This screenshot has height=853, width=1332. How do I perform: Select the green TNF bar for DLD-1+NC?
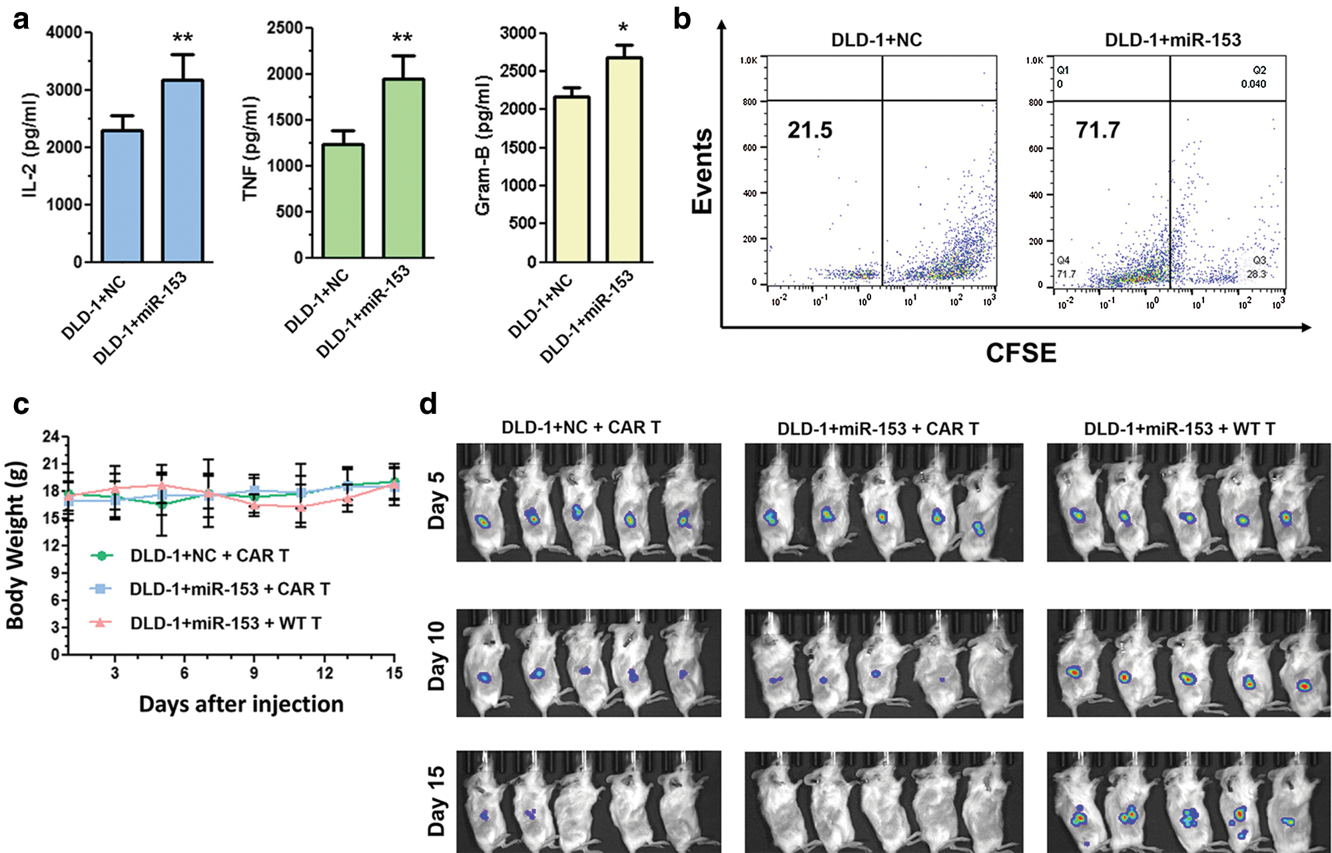coord(343,201)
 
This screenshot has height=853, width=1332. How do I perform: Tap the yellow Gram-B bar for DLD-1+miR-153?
coord(624,160)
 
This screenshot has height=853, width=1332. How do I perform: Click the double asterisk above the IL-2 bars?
coord(182,39)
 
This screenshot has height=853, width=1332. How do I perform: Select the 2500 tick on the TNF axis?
coord(284,28)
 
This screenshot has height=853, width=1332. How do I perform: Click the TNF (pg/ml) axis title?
coord(250,148)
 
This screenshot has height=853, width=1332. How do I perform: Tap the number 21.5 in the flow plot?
coord(810,130)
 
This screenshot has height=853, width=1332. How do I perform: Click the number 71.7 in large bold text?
coord(1098,130)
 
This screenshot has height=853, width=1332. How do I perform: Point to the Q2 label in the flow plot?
coord(1259,70)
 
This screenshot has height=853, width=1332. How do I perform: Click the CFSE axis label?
coord(1020,353)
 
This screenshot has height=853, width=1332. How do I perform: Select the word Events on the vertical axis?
coord(702,171)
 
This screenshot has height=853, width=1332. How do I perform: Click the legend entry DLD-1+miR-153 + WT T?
coord(226,623)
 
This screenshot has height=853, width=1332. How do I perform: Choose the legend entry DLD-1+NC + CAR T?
coord(209,555)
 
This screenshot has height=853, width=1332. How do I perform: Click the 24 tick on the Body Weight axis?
coord(51,436)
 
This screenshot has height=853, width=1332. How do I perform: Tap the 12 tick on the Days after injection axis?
coord(324,673)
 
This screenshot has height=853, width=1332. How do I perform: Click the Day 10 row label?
coord(436,656)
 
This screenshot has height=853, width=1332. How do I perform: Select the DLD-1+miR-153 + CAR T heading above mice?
coord(878,429)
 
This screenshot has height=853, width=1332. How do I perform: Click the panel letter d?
coord(428,405)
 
